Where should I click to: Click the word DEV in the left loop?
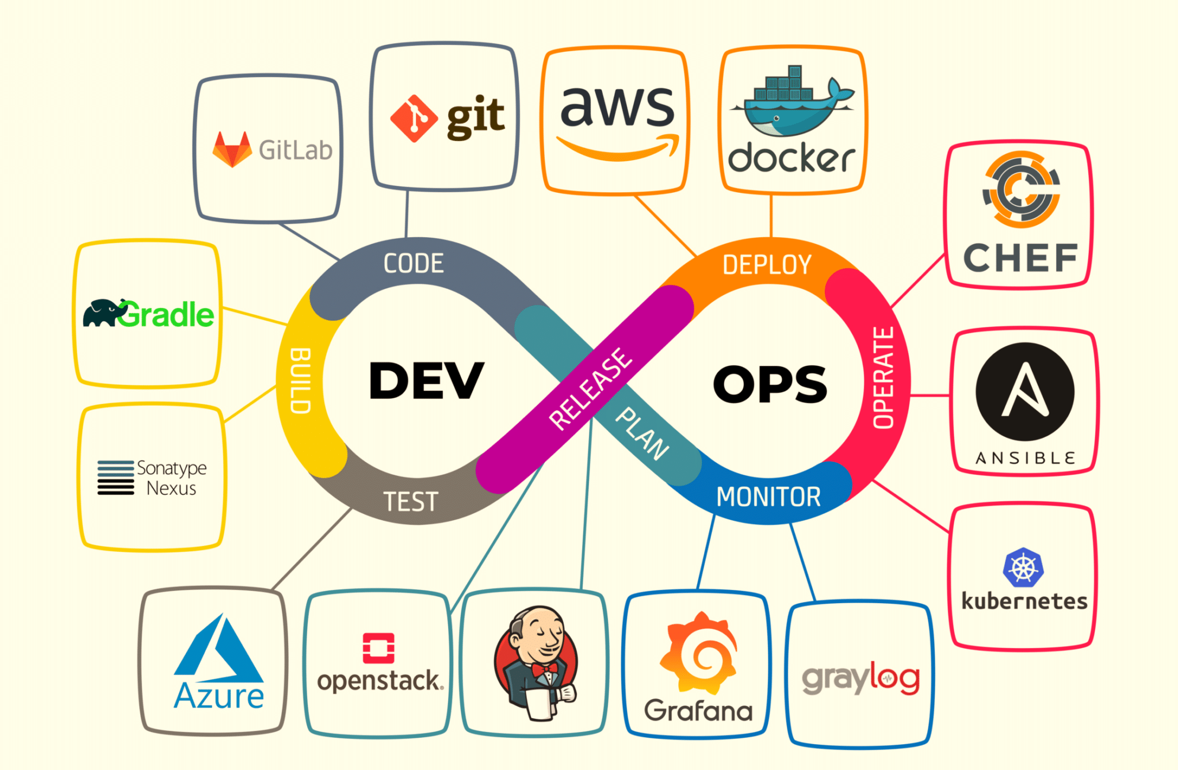pos(426,380)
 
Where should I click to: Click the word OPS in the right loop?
pos(770,384)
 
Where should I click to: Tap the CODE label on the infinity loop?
pos(414,264)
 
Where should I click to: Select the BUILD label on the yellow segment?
pos(300,380)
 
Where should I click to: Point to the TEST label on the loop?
pos(411,501)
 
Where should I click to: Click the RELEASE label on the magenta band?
pos(590,389)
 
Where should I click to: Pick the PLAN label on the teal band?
pos(642,433)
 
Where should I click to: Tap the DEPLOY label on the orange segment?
pos(767,265)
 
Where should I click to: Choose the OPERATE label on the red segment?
pos(883,378)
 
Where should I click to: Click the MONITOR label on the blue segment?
pos(768,497)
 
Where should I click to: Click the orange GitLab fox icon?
pos(232,149)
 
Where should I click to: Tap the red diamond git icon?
pos(414,119)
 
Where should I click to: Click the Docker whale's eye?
pos(777,119)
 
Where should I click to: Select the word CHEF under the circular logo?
pos(1020,258)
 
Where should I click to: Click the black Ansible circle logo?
pos(1025,391)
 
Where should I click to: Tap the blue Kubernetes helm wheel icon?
pos(1023,567)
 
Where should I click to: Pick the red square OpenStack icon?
pos(378,648)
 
